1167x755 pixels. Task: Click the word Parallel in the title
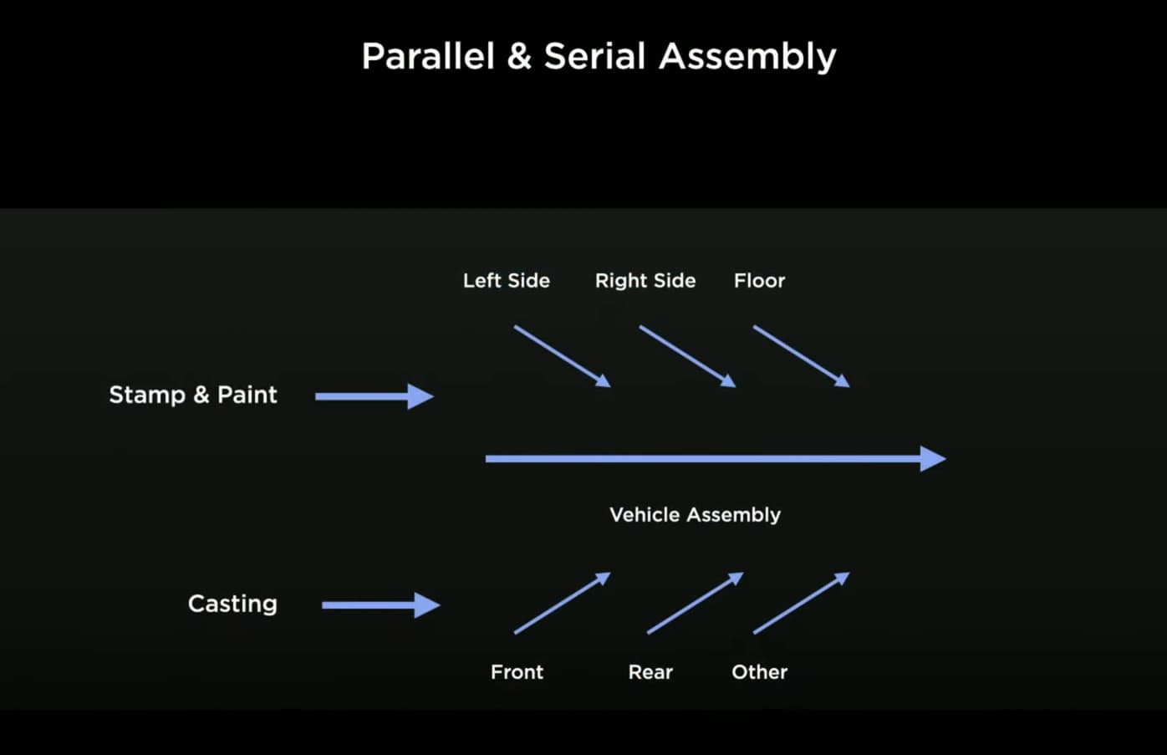[x=428, y=57]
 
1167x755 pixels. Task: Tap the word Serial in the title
[x=594, y=57]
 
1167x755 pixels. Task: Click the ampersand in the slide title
[x=519, y=57]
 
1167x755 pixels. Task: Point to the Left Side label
[x=507, y=281]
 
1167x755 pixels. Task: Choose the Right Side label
[x=645, y=281]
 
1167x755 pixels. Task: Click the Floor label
[x=759, y=281]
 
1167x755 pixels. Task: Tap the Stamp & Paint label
[x=193, y=395]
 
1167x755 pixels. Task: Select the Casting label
[x=232, y=604]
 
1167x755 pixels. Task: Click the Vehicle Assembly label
[x=695, y=515]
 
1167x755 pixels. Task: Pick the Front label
[x=517, y=672]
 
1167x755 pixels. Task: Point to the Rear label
[x=650, y=672]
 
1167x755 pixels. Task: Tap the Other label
[x=759, y=672]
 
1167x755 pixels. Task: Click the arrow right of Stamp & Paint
[x=374, y=396]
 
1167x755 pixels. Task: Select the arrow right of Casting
[x=380, y=605]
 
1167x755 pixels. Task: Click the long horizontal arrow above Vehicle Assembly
[x=715, y=459]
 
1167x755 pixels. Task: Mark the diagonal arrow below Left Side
[x=562, y=356]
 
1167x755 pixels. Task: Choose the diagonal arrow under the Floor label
[x=801, y=356]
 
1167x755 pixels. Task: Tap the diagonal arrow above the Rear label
[x=695, y=603]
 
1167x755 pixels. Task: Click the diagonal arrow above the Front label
[x=562, y=603]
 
